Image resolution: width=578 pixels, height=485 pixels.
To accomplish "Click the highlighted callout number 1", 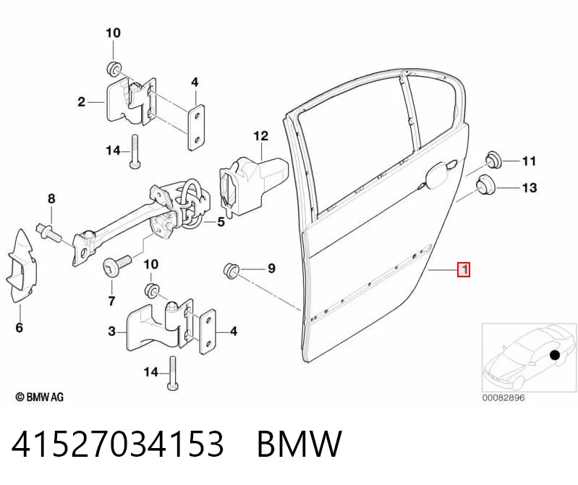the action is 464,269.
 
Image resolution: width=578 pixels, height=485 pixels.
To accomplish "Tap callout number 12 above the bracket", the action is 261,136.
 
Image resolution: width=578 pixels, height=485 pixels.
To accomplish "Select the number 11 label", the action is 529,161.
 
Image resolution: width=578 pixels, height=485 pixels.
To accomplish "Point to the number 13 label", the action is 530,187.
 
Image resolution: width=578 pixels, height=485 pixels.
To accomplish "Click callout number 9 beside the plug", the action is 271,268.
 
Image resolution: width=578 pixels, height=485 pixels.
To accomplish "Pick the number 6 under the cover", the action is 19,327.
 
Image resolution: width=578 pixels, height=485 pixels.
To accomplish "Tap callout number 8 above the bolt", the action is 51,199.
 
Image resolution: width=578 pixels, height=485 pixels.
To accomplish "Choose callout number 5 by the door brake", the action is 221,222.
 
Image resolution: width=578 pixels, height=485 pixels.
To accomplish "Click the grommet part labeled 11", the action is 493,160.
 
